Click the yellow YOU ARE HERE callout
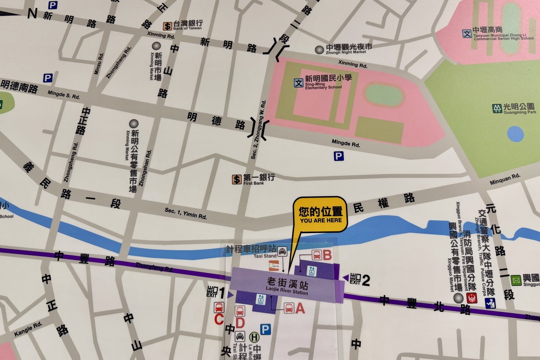tap(320, 215)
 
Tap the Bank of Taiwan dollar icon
tap(167, 26)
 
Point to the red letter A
tap(300, 308)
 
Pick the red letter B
tap(327, 256)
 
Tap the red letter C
tap(219, 320)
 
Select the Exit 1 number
tap(221, 293)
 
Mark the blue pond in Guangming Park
tap(515, 134)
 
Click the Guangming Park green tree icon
tap(497, 108)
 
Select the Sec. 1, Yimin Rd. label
tap(185, 214)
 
